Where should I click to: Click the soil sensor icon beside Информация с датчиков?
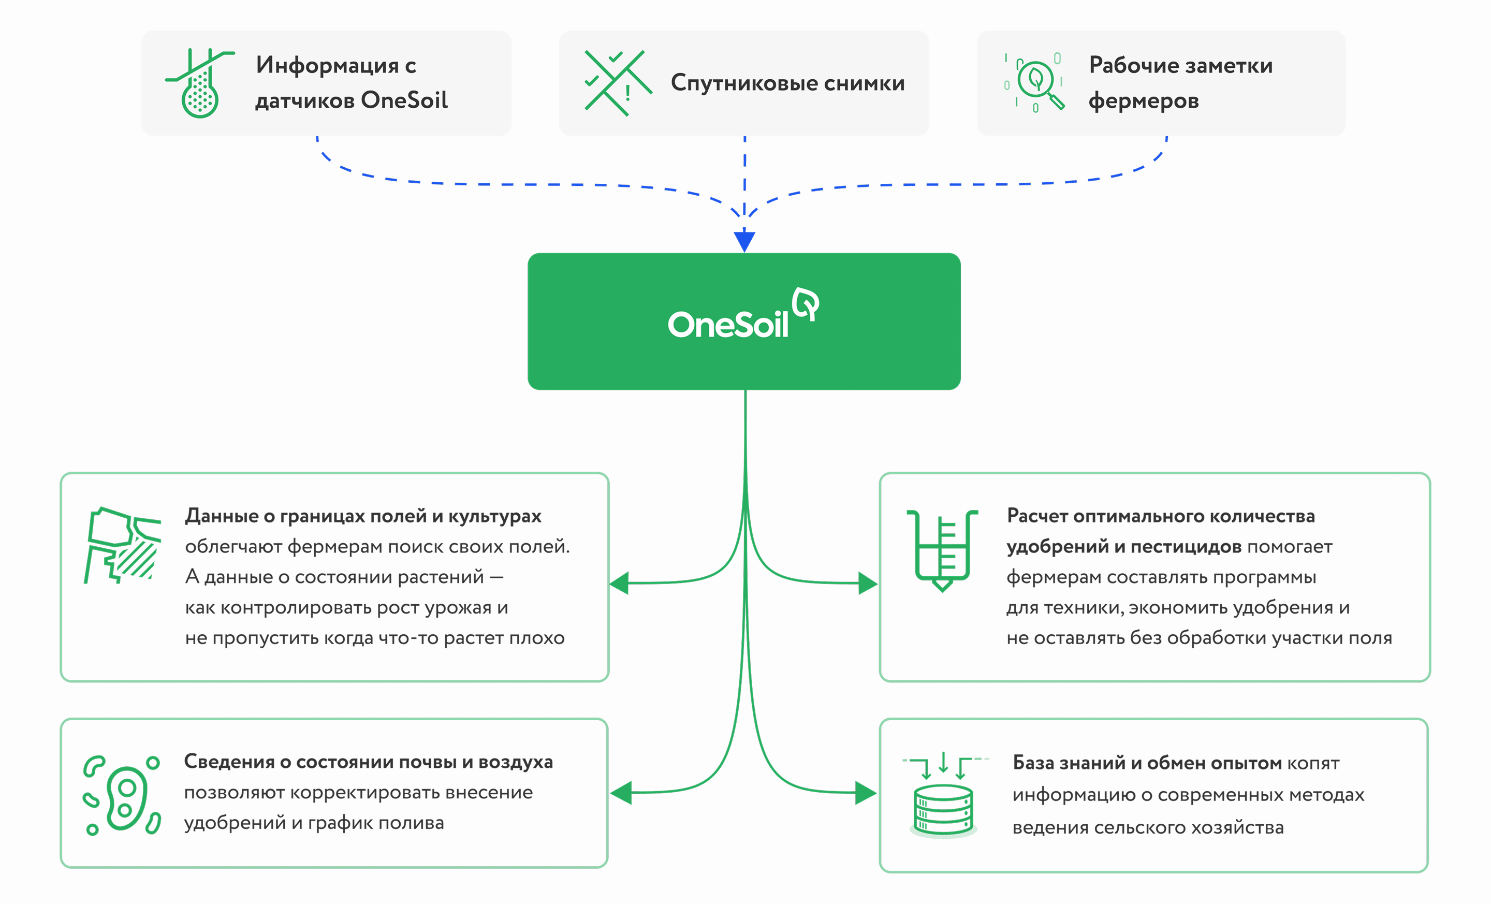[x=200, y=83]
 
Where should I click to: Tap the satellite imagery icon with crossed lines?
[x=618, y=83]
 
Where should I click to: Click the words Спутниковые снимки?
[x=787, y=83]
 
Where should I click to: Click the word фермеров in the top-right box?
[x=1143, y=101]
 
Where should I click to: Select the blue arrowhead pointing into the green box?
[x=744, y=241]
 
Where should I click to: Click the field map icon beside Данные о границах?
[x=123, y=545]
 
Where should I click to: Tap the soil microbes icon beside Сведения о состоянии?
[x=123, y=794]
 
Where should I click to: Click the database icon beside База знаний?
[x=943, y=798]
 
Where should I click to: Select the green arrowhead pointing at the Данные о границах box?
[x=620, y=584]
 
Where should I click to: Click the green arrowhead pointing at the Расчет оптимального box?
[x=868, y=584]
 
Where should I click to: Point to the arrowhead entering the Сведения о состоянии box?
[x=621, y=792]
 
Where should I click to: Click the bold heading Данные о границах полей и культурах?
[x=363, y=516]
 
